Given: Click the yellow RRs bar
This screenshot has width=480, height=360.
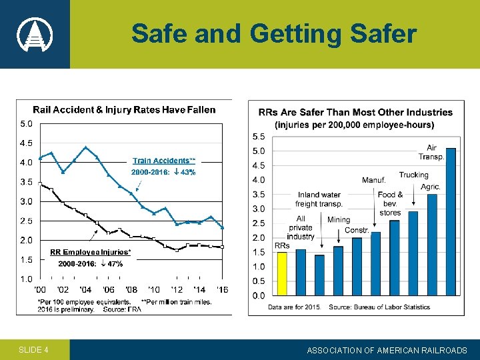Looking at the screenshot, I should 281,273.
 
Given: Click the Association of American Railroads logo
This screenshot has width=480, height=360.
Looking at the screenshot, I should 34,34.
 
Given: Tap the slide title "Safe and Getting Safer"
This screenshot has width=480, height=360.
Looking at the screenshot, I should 273,33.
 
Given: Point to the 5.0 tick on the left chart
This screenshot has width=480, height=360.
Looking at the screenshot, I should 27,123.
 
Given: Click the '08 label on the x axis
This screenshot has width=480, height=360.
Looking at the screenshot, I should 131,289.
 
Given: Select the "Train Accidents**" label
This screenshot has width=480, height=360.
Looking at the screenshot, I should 164,161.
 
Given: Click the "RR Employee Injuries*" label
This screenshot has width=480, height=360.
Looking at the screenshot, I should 91,252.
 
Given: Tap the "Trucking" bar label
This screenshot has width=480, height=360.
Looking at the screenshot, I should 413,175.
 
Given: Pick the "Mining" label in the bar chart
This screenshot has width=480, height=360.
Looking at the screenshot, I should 339,219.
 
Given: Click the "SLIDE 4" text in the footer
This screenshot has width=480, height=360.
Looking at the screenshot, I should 33,350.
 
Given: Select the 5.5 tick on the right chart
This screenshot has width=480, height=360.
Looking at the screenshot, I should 258,136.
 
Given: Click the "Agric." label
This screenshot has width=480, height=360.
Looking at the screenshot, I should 431,187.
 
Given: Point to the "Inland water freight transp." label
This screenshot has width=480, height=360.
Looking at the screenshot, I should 319,199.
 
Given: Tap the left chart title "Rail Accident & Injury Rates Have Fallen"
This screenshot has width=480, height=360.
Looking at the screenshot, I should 125,109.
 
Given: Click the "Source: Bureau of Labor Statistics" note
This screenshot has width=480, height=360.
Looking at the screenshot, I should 379,307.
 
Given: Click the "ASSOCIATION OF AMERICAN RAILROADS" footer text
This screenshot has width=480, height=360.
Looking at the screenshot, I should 387,350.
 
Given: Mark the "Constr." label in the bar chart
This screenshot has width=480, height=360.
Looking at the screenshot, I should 357,230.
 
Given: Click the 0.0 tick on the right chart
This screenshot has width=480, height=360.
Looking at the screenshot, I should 258,295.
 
